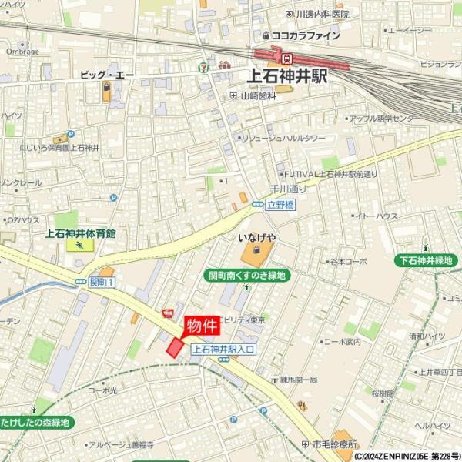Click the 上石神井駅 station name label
[x=287, y=76]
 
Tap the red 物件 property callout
[x=202, y=325]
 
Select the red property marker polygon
[x=176, y=348]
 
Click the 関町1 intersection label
[x=102, y=283]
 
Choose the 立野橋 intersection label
[x=281, y=206]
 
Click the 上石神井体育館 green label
[x=81, y=233]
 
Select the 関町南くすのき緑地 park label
[x=247, y=275]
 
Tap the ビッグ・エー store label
[x=108, y=75]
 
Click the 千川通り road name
[x=288, y=189]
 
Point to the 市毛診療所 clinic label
[x=334, y=444]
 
